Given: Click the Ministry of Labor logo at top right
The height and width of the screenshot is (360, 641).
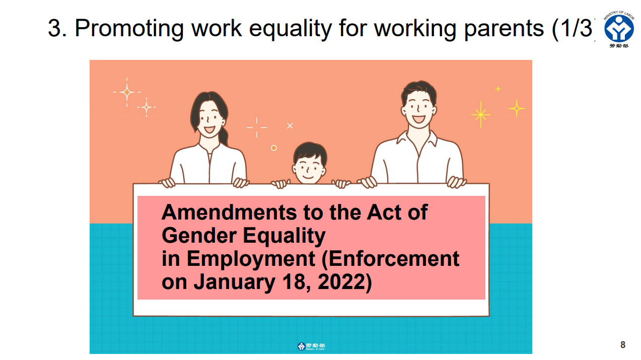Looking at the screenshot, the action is [x=619, y=29].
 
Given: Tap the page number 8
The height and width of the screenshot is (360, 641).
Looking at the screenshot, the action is [x=623, y=344].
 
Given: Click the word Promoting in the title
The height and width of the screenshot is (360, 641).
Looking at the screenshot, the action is [x=129, y=29].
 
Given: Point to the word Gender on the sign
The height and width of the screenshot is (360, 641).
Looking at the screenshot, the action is [x=199, y=236].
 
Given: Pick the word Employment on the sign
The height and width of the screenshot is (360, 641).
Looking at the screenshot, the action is [x=251, y=259].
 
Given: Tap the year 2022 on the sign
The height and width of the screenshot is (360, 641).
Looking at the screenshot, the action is [x=341, y=282].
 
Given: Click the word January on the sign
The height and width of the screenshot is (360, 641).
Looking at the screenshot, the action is [x=234, y=282].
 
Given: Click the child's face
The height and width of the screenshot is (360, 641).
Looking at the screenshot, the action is [x=309, y=169].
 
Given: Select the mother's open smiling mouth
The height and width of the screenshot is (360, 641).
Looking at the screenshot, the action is [x=209, y=129].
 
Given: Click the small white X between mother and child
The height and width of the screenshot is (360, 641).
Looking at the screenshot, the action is [x=290, y=126].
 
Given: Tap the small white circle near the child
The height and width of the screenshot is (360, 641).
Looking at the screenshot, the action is [x=274, y=148].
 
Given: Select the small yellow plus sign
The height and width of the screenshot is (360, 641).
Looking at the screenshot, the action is [x=498, y=89].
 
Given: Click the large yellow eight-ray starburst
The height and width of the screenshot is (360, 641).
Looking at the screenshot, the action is [x=481, y=115].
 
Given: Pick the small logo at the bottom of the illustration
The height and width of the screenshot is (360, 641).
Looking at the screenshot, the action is [x=311, y=346].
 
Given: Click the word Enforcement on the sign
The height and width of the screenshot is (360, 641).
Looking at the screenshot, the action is [x=391, y=259].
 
